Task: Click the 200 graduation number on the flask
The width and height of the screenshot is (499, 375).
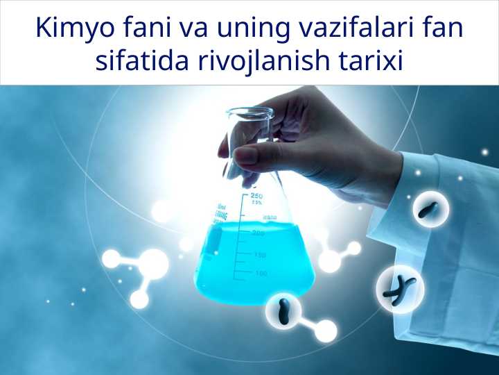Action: tap(259, 233)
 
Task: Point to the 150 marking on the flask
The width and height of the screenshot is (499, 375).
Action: tap(259, 255)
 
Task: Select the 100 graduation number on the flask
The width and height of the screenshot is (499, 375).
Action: tap(261, 274)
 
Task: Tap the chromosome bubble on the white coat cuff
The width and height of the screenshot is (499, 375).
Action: tap(430, 209)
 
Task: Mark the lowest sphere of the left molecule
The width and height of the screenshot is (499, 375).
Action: tap(139, 299)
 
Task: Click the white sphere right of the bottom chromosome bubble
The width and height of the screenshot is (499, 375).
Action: tap(326, 331)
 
